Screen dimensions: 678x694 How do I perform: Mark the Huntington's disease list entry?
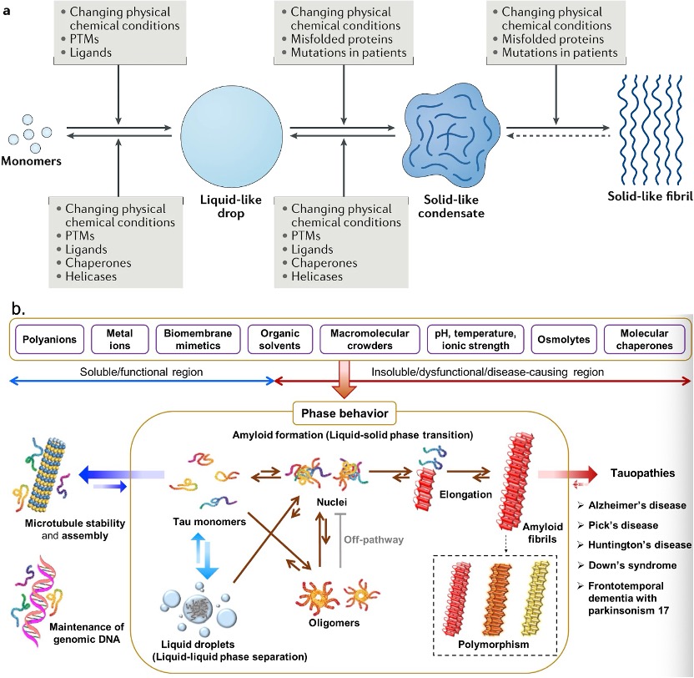point(644,544)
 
